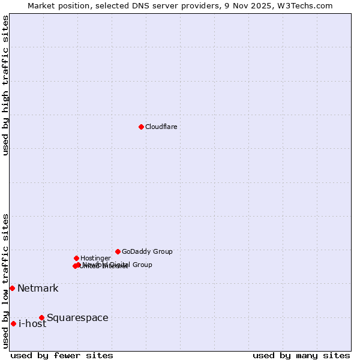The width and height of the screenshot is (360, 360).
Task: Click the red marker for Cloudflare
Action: pyautogui.click(x=141, y=127)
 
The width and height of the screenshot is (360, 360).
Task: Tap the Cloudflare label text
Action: pyautogui.click(x=161, y=127)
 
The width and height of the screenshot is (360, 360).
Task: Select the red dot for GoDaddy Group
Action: pyautogui.click(x=118, y=251)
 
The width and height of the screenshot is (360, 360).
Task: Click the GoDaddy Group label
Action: pyautogui.click(x=147, y=251)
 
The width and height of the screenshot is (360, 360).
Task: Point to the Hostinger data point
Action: pyautogui.click(x=76, y=258)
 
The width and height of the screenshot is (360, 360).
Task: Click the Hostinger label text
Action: pyautogui.click(x=95, y=258)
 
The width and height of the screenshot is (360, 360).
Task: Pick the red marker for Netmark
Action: pyautogui.click(x=12, y=288)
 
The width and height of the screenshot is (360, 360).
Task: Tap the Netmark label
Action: pyautogui.click(x=38, y=288)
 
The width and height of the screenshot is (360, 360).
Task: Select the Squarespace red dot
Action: pyautogui.click(x=41, y=317)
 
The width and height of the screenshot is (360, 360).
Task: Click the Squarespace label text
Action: pyautogui.click(x=77, y=317)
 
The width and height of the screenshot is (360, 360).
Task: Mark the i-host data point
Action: pyautogui.click(x=13, y=323)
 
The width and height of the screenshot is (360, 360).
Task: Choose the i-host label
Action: pyautogui.click(x=32, y=324)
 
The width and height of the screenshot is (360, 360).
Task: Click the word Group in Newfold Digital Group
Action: pyautogui.click(x=142, y=265)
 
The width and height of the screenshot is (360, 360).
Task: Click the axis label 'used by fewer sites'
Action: pyautogui.click(x=62, y=355)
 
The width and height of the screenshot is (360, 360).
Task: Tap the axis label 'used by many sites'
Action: pyautogui.click(x=301, y=355)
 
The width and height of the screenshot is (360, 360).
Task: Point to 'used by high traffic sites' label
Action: pyautogui.click(x=5, y=85)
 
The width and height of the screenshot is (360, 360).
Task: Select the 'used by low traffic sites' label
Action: pyautogui.click(x=5, y=280)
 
